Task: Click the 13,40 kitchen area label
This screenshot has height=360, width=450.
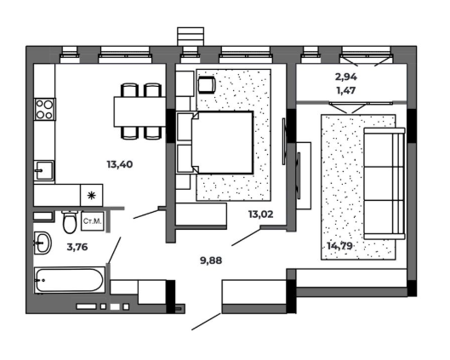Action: pos(120,164)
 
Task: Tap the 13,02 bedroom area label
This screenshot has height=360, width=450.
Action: pos(260,214)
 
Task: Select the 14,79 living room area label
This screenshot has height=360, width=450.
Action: pos(339,246)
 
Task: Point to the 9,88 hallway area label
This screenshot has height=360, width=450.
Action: pos(211,260)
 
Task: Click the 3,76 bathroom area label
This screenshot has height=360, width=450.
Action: pos(77,247)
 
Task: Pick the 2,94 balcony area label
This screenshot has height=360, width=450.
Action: pos(346,77)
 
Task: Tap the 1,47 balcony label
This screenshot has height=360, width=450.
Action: pos(346,90)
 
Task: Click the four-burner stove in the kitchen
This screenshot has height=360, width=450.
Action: pos(45,109)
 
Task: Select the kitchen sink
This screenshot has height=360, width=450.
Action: pos(43,170)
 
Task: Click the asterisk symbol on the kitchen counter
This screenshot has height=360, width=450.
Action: pos(91,196)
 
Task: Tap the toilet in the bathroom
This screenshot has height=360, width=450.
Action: pos(70,222)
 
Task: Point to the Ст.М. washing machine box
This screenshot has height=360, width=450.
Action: pos(93,221)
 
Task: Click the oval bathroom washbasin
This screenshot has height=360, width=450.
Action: pos(43,243)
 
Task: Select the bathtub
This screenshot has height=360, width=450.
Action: pos(69,280)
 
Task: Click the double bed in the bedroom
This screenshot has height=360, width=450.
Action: pos(215,142)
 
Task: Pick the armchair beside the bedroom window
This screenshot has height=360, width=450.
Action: pos(207,85)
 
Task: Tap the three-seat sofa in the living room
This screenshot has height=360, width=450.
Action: pos(384,184)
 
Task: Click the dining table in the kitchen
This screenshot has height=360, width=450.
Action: pos(140,111)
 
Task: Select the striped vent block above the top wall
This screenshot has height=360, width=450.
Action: pos(191,37)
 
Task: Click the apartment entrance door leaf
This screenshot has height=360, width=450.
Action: pos(206,322)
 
